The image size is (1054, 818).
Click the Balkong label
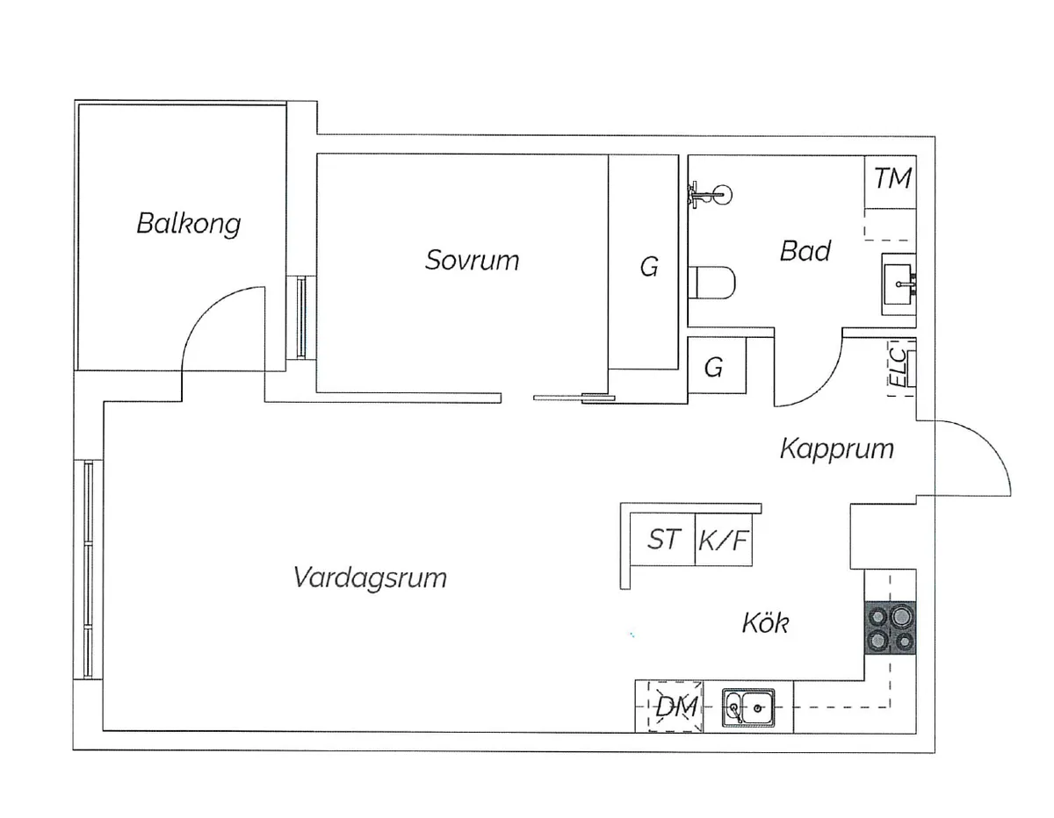[x=189, y=224]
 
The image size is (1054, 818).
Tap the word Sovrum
[x=472, y=260]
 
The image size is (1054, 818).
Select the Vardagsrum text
[x=370, y=578]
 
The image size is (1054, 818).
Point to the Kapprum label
[x=837, y=449]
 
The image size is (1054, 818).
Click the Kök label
[x=765, y=622]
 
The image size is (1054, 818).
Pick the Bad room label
[x=805, y=251]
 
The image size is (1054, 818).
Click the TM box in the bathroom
[x=891, y=183]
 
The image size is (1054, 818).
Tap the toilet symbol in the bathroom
[x=712, y=283]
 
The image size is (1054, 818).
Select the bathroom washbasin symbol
[x=899, y=284]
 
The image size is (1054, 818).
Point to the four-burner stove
[x=890, y=628]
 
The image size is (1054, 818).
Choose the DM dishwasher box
[x=675, y=707]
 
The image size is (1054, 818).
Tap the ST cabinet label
[x=663, y=540]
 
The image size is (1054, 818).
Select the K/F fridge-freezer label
[x=723, y=541]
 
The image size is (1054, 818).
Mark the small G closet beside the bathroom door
[x=717, y=365]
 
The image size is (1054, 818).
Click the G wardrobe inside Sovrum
[x=644, y=262]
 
